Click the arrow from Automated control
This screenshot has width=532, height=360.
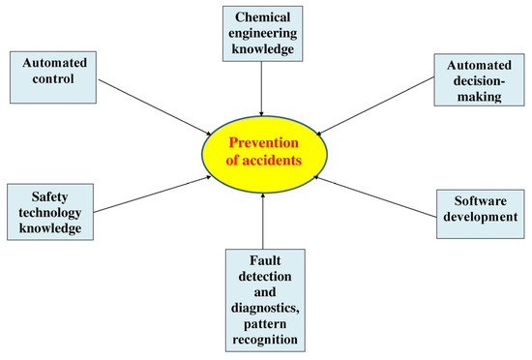[155, 107]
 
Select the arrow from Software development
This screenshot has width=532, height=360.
[377, 194]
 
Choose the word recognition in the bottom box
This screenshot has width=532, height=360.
[264, 340]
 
